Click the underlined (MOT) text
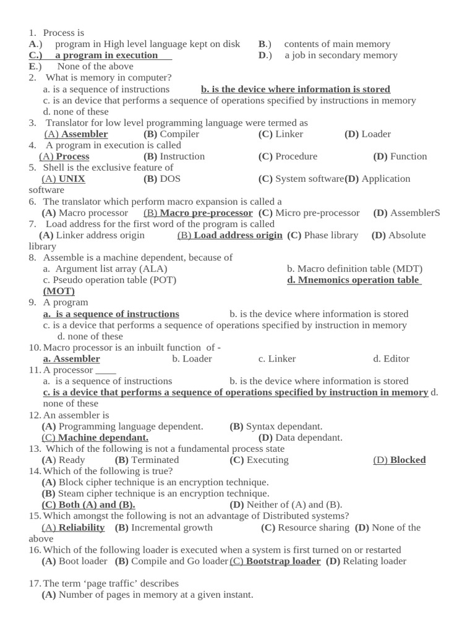click(59, 291)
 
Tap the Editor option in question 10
click(391, 359)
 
